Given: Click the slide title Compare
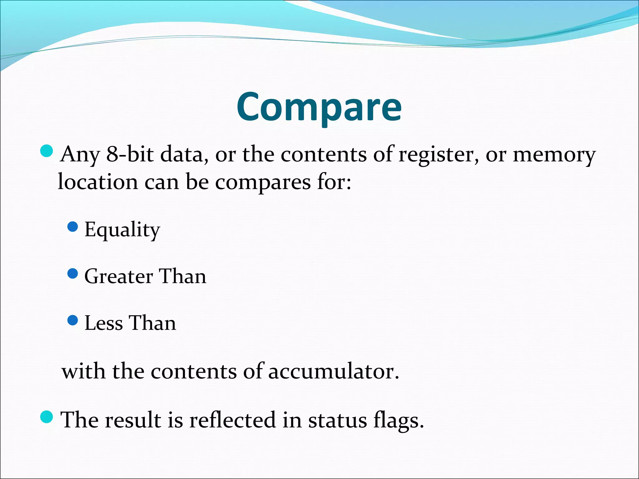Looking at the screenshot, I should (x=319, y=107).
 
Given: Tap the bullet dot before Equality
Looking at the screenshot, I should (x=73, y=227).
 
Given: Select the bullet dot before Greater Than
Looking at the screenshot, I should (x=73, y=274).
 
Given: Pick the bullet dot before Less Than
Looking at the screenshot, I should (x=73, y=320).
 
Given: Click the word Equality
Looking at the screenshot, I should (x=122, y=230).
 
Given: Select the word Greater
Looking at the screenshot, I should (x=119, y=276).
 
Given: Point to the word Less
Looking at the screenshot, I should (x=104, y=323).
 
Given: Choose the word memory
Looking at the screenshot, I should (x=554, y=155).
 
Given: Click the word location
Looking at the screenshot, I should (x=98, y=181).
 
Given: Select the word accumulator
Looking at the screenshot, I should (x=334, y=371).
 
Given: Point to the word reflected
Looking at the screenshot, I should (x=232, y=420).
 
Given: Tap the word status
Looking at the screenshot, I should (x=337, y=420).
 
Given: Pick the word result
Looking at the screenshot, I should (x=133, y=420).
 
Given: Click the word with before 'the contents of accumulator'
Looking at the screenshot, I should (x=83, y=371).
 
